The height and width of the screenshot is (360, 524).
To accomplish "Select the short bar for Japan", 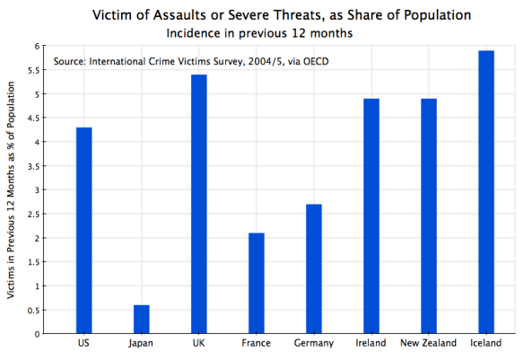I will pos(142,319).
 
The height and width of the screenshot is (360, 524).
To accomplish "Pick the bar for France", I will pos(257,283).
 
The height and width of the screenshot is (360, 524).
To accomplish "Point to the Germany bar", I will pos(314,268).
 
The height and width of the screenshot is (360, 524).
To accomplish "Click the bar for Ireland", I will pos(371,216).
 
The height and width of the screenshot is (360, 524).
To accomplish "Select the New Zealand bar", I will pos(429,216).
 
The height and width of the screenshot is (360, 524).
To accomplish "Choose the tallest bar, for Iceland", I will pos(486,192).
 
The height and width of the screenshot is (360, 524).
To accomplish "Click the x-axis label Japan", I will pos(142,344).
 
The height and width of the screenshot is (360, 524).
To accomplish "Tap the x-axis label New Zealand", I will pos(429,344).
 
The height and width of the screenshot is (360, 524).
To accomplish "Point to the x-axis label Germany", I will pos(314,344).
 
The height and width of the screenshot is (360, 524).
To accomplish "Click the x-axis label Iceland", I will pos(486,344).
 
